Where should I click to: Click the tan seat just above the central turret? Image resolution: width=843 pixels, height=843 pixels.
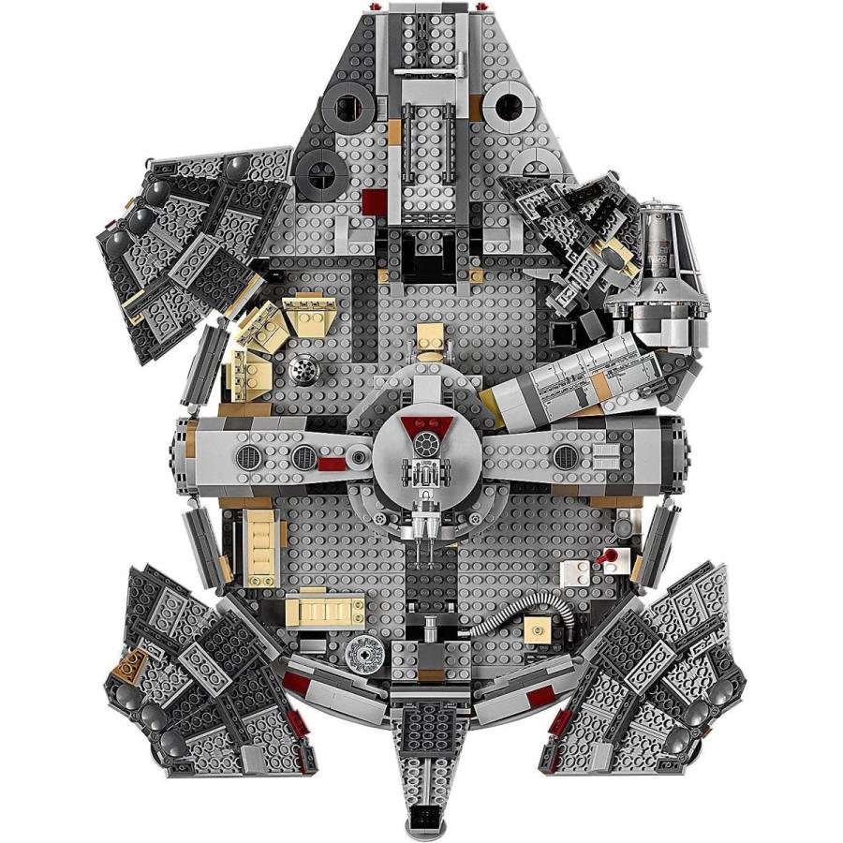point(430,339)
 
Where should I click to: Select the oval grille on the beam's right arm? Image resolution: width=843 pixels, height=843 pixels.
point(565,456)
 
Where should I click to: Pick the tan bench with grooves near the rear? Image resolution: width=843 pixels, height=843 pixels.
point(324,609)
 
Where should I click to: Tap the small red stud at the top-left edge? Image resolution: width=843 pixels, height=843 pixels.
point(377,7)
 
